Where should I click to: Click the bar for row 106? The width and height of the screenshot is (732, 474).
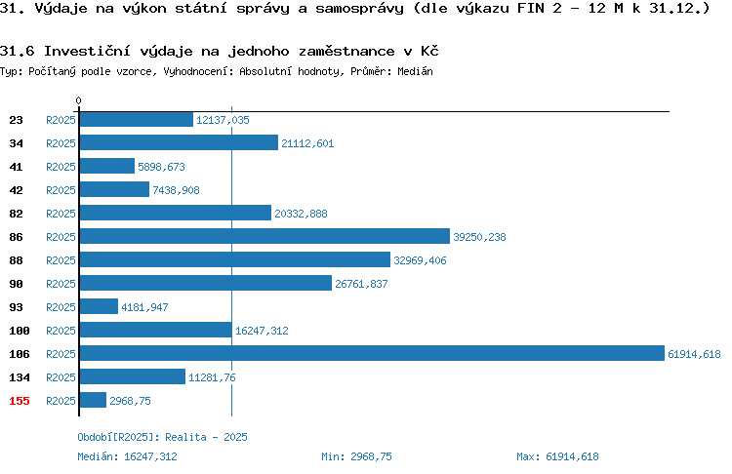[x=372, y=353]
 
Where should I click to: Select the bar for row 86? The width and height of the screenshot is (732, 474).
[x=264, y=236]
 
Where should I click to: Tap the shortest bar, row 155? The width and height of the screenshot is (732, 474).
[x=93, y=400]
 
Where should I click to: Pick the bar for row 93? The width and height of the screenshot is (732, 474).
[x=99, y=306]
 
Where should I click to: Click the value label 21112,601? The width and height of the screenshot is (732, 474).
[x=307, y=143]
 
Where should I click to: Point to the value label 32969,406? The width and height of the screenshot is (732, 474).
[x=420, y=260]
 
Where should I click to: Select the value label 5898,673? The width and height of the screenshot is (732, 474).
[x=161, y=167]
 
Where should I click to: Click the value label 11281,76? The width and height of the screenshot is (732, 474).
[x=212, y=377]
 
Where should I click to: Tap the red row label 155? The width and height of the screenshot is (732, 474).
[x=20, y=401]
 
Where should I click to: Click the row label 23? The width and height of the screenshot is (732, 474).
[x=16, y=120]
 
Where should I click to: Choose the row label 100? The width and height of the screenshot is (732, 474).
[x=20, y=331]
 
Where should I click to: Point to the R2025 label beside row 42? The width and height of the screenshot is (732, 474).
[x=61, y=190]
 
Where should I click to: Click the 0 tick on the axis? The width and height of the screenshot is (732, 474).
[x=78, y=100]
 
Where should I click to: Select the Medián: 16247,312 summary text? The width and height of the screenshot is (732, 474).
[x=127, y=456]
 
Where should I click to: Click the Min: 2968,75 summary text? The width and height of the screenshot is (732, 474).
[x=356, y=456]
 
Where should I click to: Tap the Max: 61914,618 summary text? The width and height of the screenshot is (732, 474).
[x=557, y=456]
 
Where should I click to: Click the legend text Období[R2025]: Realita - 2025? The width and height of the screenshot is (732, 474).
[x=162, y=437]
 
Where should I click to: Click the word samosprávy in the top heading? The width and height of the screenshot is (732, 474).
[x=359, y=9]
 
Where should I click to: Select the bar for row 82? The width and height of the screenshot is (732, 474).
[x=176, y=213]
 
